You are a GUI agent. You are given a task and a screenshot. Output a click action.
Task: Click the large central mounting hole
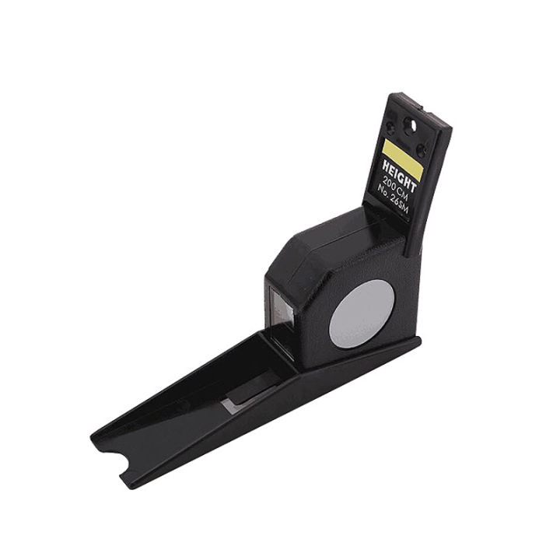point(412,124)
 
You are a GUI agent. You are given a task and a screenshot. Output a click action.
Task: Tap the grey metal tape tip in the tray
point(231,404)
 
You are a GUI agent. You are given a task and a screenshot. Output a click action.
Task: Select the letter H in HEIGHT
point(386,166)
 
